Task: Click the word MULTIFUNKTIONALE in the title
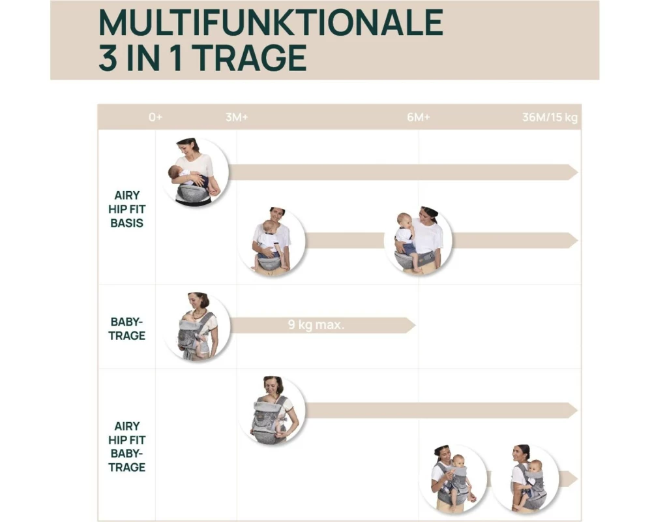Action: (271, 22)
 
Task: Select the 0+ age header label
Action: (156, 117)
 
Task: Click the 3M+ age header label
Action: (237, 117)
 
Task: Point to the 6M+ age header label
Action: (419, 117)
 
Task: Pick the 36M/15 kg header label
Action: (550, 117)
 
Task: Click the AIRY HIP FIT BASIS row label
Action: (127, 209)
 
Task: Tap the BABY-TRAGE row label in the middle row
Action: (127, 328)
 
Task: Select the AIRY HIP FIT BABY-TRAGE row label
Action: (127, 447)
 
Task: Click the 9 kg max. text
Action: (316, 325)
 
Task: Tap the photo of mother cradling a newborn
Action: (195, 172)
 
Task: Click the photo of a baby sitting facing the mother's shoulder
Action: (272, 241)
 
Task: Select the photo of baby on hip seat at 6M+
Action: (419, 240)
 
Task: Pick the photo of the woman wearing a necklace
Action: (197, 327)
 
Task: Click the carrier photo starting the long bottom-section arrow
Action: (272, 411)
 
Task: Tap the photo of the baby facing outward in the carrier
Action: (453, 479)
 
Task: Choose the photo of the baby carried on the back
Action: (526, 479)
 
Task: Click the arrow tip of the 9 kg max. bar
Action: (415, 325)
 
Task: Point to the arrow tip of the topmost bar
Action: (578, 172)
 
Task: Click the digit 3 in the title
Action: (108, 58)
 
